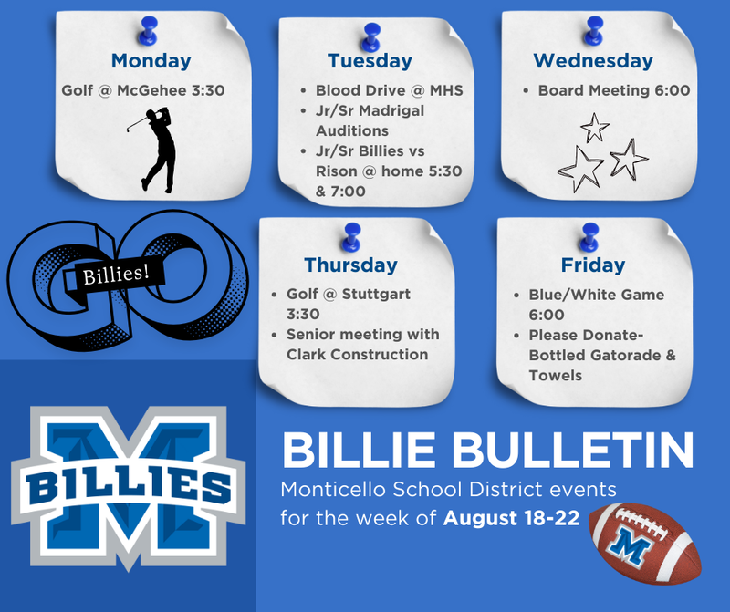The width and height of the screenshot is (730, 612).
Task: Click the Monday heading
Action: tap(151, 61)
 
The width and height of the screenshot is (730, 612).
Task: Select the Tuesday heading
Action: tap(370, 61)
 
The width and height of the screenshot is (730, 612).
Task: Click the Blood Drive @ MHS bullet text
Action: tap(389, 90)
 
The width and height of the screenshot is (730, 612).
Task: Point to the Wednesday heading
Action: tap(593, 61)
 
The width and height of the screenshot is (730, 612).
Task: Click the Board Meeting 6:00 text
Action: tap(613, 90)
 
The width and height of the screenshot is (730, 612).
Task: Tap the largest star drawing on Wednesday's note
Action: tap(580, 170)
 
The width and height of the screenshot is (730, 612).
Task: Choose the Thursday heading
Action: tap(350, 265)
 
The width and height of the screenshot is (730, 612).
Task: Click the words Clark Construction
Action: tap(357, 354)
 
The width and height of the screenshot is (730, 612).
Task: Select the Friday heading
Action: tap(593, 265)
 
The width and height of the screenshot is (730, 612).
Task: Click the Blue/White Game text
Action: tap(597, 295)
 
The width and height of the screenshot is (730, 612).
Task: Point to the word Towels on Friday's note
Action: tap(555, 375)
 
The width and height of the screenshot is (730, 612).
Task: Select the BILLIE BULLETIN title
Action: tap(487, 451)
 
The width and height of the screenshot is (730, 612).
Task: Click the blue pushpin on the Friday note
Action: tap(589, 234)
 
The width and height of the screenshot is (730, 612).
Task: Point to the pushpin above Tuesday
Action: tap(370, 36)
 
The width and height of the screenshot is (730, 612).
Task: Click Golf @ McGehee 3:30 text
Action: tap(143, 90)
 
